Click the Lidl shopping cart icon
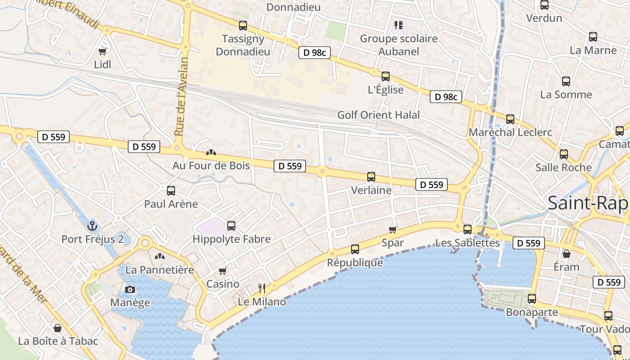coord(103,51)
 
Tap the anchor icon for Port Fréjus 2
coord(93,225)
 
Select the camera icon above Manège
coord(130,289)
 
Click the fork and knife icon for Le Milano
coord(262,288)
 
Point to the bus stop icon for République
coord(355,249)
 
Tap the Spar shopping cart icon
coord(393,230)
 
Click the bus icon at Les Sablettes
coord(468,229)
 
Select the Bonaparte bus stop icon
coord(532,299)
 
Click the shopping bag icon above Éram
coord(567,254)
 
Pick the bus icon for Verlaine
coord(371,177)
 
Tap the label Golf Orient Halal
coord(378,115)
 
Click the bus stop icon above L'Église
coord(386,76)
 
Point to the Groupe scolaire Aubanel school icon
coord(399,25)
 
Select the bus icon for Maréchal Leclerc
coord(510,119)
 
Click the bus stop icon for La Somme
coord(566,81)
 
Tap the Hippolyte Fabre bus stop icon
coord(231,226)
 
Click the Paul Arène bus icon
coord(171,191)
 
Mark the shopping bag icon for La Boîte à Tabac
coord(58,328)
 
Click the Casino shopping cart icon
coord(222,271)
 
